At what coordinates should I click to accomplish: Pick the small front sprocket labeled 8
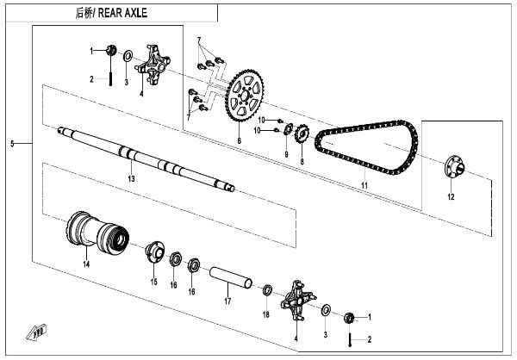(302, 136)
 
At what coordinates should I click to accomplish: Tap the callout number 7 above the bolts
(198, 40)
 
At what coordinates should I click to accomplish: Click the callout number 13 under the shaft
(131, 178)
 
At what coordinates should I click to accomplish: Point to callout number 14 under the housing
(85, 264)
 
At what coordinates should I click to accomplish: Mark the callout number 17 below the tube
(227, 301)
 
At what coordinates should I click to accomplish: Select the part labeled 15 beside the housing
(154, 253)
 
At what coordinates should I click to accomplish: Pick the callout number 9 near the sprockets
(286, 154)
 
